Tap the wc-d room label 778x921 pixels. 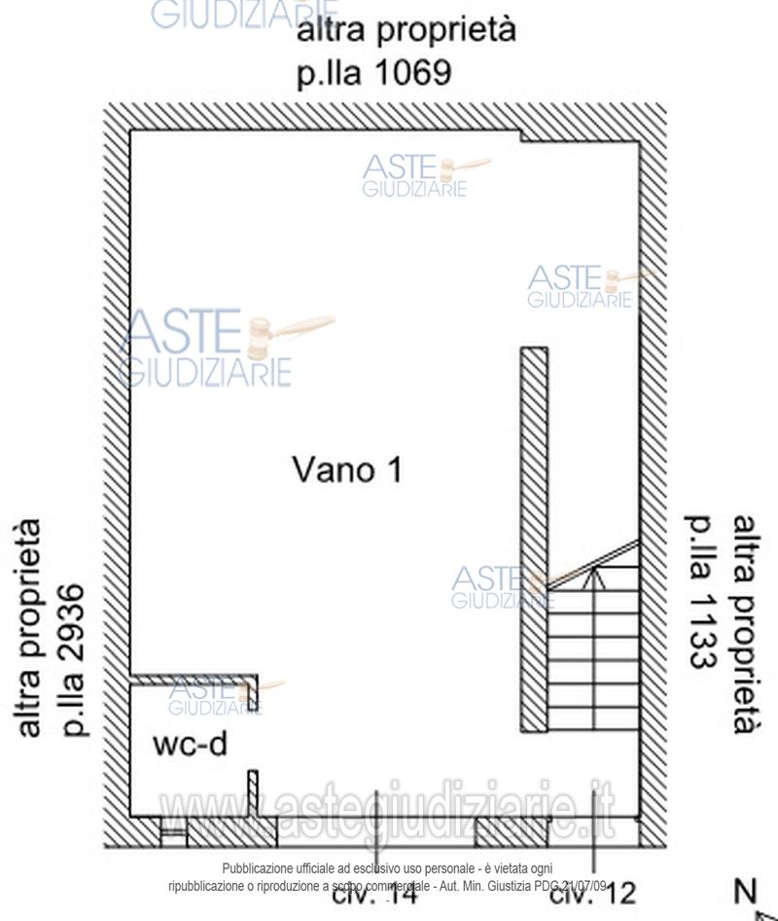[x=191, y=745]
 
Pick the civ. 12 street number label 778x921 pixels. [x=592, y=892]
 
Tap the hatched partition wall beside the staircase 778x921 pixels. [x=534, y=540]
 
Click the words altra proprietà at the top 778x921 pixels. [x=406, y=31]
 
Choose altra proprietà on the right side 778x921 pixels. [x=744, y=623]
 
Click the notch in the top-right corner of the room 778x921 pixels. [x=579, y=137]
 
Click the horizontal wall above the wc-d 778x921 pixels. [x=193, y=679]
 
